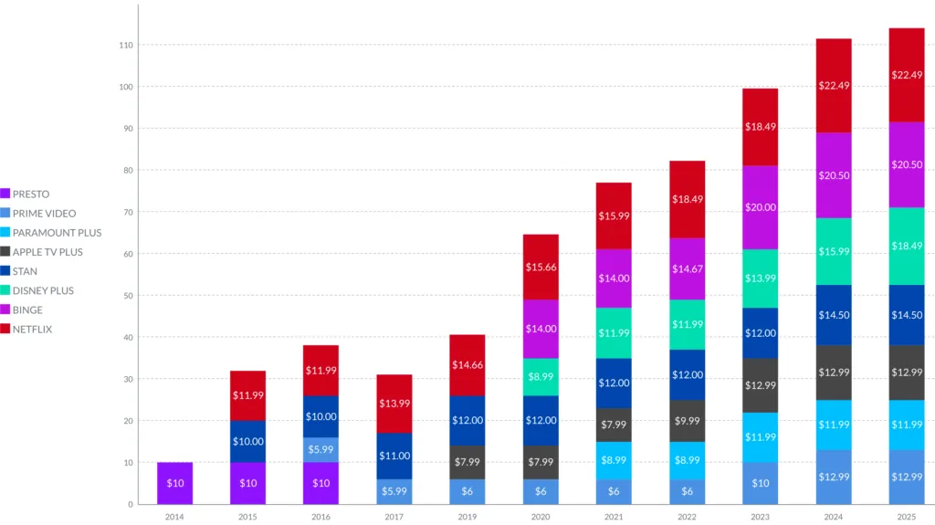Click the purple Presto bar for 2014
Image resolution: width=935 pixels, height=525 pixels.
tap(174, 483)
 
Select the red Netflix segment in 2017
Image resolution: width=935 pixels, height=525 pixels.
tap(394, 404)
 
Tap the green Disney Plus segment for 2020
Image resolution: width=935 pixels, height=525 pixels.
tap(540, 376)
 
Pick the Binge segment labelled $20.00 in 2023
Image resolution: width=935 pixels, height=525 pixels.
tap(760, 207)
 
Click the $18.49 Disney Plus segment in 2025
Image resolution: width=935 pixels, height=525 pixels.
tap(906, 247)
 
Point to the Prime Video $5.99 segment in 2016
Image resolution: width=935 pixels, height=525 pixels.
tap(320, 449)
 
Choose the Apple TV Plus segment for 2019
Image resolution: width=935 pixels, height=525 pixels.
tap(467, 462)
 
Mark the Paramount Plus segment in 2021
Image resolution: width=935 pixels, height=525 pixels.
tap(613, 461)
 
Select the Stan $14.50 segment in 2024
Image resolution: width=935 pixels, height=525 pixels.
tap(833, 315)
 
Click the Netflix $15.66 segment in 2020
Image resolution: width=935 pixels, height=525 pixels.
tap(540, 267)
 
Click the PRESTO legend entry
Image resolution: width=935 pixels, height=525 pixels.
tap(30, 194)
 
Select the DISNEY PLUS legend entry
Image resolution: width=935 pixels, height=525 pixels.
tap(42, 290)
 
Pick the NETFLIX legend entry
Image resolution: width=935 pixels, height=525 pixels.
tap(32, 329)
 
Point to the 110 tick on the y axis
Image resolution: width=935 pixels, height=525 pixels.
tap(125, 45)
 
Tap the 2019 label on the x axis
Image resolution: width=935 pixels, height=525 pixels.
tap(467, 516)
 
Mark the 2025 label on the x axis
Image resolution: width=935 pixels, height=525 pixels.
tap(906, 516)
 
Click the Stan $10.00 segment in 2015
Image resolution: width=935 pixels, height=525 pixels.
tap(247, 441)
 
